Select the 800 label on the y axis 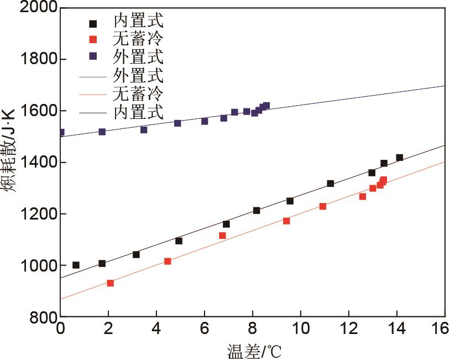[x=42, y=317]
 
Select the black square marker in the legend [x=93, y=24]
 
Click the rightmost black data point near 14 [x=399, y=158]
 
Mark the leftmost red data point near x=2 [x=111, y=283]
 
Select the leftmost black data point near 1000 [x=76, y=265]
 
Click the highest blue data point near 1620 [x=266, y=106]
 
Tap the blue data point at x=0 [x=61, y=132]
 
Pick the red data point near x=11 [x=323, y=206]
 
